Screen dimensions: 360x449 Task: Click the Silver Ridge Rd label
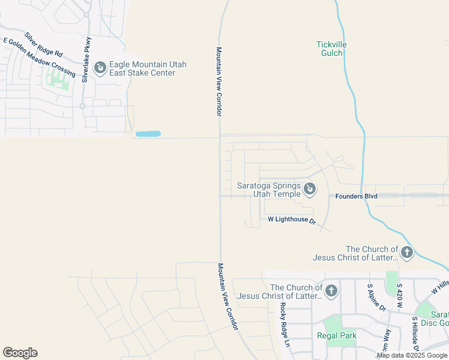43,45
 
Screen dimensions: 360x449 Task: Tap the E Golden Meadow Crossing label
39,57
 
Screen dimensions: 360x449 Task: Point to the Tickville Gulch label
331,49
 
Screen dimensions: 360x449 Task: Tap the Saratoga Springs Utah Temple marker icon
309,190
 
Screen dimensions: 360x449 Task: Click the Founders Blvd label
356,196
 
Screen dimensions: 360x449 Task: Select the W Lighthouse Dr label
292,220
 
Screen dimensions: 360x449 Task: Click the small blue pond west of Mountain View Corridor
148,134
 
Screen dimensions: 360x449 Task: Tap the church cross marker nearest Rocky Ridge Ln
331,291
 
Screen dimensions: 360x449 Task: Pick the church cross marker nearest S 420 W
406,253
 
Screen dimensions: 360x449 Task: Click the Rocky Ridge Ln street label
285,325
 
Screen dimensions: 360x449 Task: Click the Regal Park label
337,335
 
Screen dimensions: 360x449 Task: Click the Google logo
20,353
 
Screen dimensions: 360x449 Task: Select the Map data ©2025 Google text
412,355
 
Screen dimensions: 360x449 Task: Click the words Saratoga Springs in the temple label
268,185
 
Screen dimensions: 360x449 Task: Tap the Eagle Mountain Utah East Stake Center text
147,68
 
